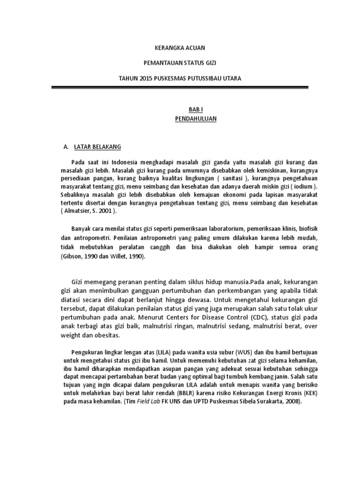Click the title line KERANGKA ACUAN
pyautogui.click(x=180, y=48)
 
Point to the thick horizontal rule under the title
pyautogui.click(x=180, y=87)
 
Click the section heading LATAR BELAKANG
pyautogui.click(x=97, y=147)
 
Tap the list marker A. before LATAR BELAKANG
pyautogui.click(x=66, y=147)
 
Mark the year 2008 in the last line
pyautogui.click(x=295, y=403)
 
